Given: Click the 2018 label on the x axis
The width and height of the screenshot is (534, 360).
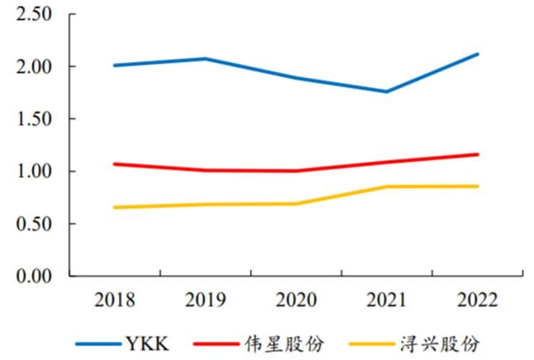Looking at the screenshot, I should coord(115,300).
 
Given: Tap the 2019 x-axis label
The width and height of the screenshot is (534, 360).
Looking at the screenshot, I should coord(206,300).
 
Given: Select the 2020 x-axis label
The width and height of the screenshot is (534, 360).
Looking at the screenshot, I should coord(296,300).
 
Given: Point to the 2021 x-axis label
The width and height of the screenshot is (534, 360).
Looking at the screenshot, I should coord(387,300).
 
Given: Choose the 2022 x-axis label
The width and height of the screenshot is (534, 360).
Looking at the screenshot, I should coord(477,300).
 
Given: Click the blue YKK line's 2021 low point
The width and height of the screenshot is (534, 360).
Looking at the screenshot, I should coord(387,92).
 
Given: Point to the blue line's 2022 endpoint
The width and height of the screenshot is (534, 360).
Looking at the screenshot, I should coord(477,54).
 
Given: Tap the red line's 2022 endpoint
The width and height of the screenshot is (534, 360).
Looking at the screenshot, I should coord(477,154).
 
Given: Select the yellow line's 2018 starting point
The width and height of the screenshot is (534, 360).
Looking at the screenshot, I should coord(115,208).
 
